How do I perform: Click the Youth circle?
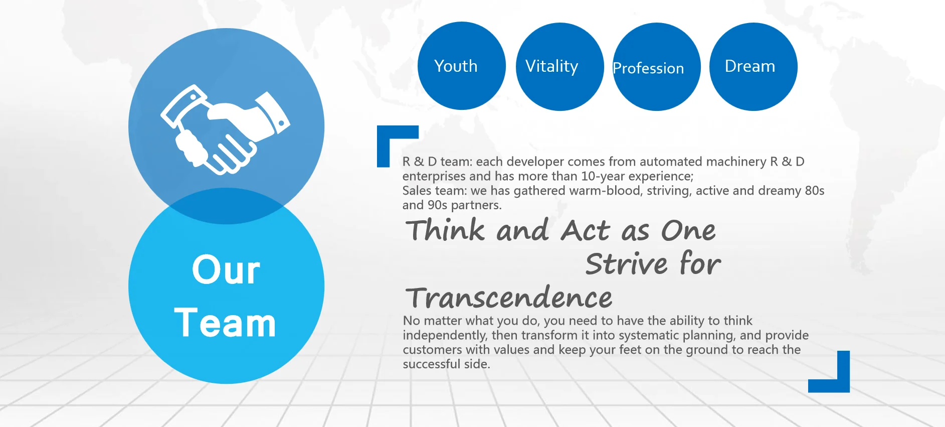click(462, 66)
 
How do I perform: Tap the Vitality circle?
click(559, 67)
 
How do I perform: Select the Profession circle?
click(657, 67)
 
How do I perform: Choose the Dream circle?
click(753, 67)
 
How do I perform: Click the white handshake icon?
click(225, 130)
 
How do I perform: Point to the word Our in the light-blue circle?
click(226, 270)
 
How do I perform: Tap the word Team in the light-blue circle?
click(225, 323)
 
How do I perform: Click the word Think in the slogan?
click(446, 230)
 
